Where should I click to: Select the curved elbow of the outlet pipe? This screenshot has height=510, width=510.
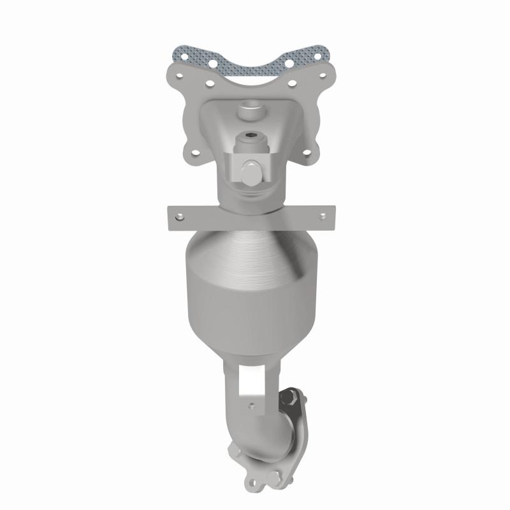pyautogui.click(x=252, y=433)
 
